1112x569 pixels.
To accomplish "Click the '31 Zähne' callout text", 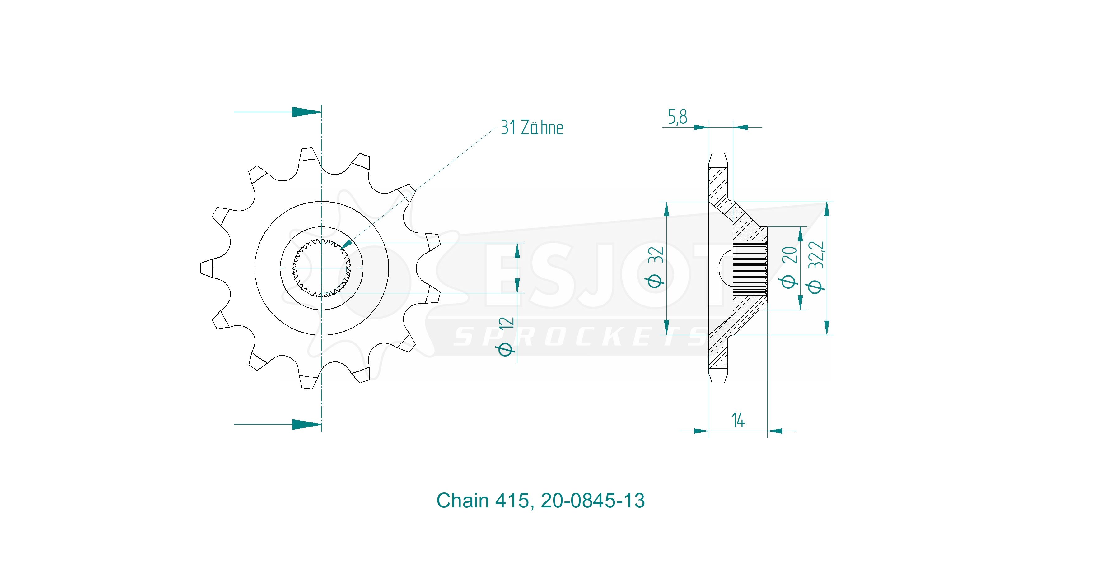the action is tap(532, 128).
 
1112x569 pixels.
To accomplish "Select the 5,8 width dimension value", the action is tap(677, 117).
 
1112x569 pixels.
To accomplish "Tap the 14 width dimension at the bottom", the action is tap(738, 420).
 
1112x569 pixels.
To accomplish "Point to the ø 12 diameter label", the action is tap(506, 336).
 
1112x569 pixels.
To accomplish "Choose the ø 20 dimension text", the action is tap(789, 267).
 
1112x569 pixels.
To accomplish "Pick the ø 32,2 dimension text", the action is tap(816, 267).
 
